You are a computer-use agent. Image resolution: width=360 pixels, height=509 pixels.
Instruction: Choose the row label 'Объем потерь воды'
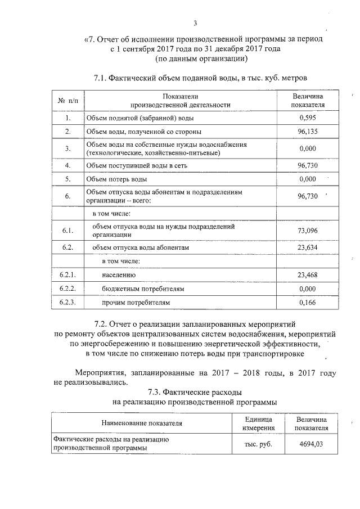[117, 179]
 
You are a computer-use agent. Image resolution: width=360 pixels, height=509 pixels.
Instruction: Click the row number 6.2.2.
[67, 289]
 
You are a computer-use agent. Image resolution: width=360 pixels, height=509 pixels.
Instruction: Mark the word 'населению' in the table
[119, 275]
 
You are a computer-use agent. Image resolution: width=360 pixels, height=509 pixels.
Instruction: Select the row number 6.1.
[67, 231]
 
